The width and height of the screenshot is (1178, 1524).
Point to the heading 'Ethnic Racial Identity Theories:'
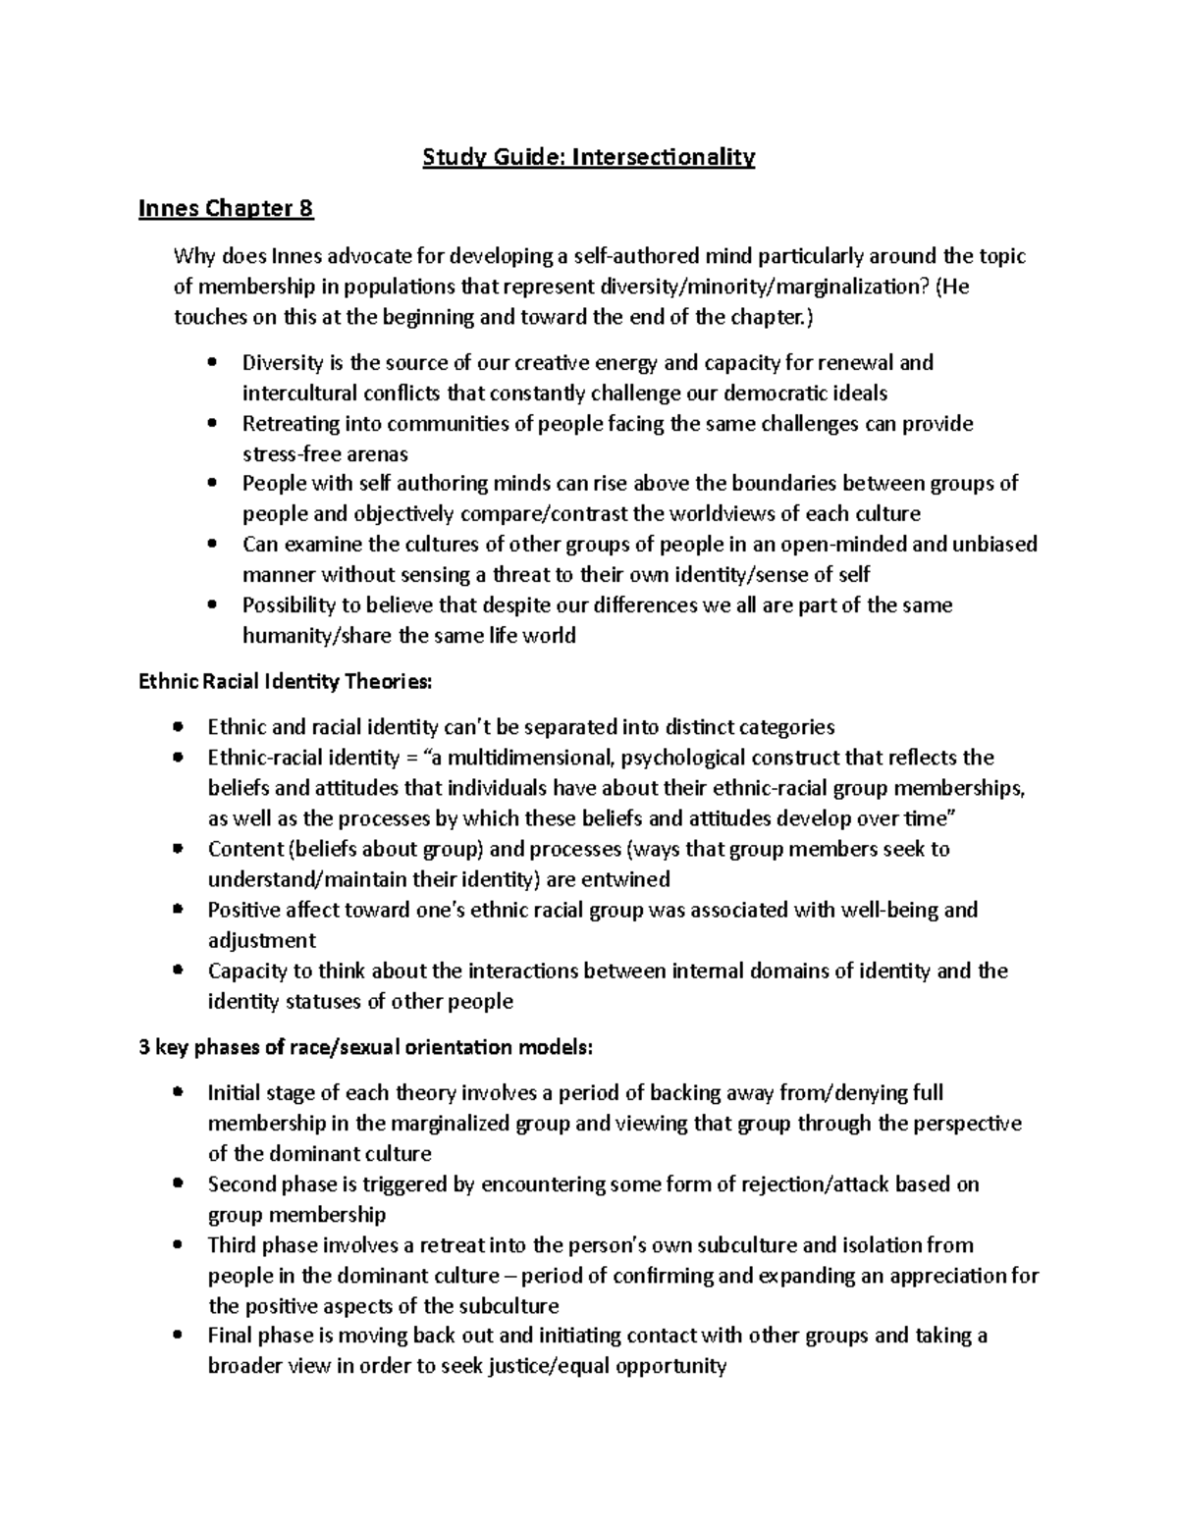[x=286, y=681]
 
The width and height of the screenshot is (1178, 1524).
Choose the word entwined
[x=626, y=879]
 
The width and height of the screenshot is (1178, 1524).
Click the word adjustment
[x=262, y=940]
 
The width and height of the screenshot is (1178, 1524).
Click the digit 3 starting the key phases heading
[x=144, y=1047]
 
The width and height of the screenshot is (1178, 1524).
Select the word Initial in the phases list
[x=232, y=1093]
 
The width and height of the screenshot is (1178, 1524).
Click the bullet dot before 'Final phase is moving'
[x=177, y=1337]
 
